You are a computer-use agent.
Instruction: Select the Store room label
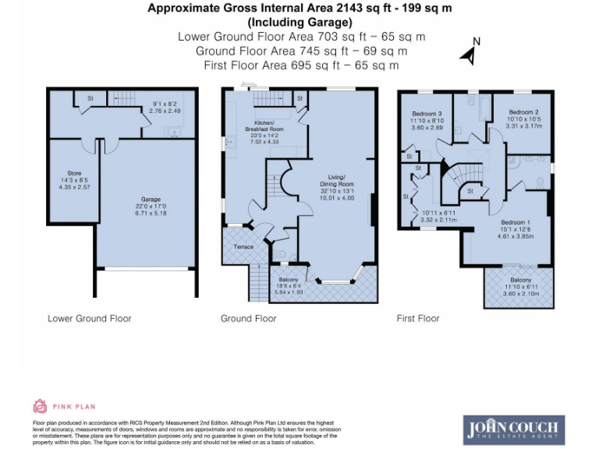[x=75, y=172]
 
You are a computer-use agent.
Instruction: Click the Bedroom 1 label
[x=516, y=223]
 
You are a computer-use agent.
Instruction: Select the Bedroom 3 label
[x=427, y=113]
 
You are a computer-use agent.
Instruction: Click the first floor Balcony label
[x=520, y=280]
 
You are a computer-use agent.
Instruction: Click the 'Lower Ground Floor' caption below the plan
[x=90, y=318]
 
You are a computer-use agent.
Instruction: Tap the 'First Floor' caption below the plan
[x=418, y=318]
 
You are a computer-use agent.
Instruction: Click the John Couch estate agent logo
[x=515, y=429]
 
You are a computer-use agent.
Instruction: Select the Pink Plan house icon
[x=40, y=405]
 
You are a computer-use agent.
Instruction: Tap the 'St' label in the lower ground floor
[x=90, y=99]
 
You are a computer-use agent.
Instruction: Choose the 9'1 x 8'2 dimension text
[x=165, y=104]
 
